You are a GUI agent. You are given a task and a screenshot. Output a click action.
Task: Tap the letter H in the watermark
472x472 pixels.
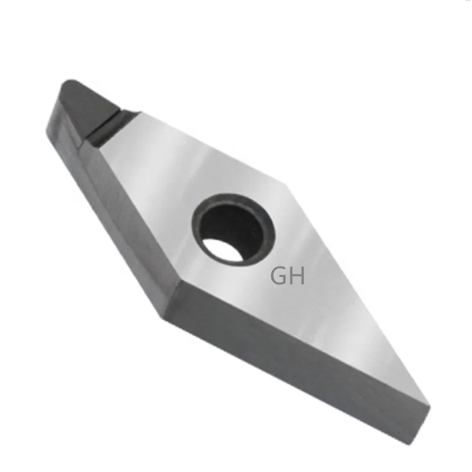coord(296,276)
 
